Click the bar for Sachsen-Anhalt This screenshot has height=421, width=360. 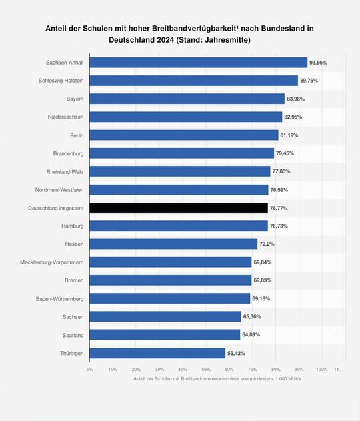click(198, 63)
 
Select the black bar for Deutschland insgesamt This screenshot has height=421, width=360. click(179, 208)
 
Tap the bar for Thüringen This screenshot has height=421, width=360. click(157, 353)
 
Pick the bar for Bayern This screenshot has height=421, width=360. click(187, 99)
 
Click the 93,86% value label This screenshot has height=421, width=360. click(319, 63)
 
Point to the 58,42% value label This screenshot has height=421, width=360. click(237, 353)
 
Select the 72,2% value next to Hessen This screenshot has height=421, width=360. click(267, 244)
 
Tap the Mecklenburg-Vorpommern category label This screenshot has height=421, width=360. click(52, 262)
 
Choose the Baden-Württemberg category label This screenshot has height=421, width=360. click(60, 298)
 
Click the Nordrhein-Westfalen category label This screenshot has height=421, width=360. click(59, 190)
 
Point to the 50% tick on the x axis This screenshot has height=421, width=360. click(206, 369)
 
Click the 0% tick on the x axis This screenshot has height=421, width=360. click(90, 369)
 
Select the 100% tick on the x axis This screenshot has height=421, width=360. click(321, 369)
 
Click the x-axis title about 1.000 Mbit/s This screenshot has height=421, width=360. click(217, 379)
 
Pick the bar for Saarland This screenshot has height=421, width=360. click(165, 335)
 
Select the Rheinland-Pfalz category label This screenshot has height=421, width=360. click(65, 172)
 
